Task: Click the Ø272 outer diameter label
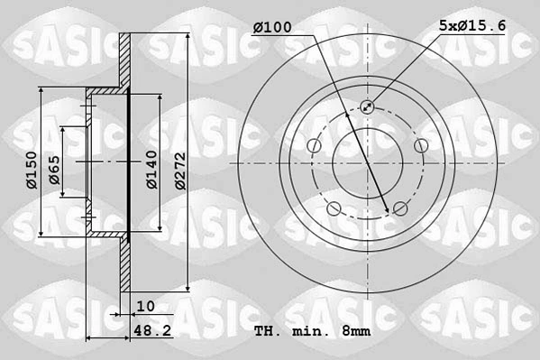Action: (x=179, y=171)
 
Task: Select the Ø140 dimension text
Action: (x=151, y=170)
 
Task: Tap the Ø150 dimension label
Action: (x=32, y=170)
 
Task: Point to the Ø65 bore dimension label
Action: (x=54, y=170)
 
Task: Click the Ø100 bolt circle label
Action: (x=272, y=27)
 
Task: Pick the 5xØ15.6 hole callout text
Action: (x=472, y=25)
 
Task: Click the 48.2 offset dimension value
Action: (x=152, y=331)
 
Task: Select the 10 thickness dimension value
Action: (x=146, y=306)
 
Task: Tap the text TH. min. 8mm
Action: (x=312, y=331)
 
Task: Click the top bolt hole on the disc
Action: (x=367, y=106)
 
